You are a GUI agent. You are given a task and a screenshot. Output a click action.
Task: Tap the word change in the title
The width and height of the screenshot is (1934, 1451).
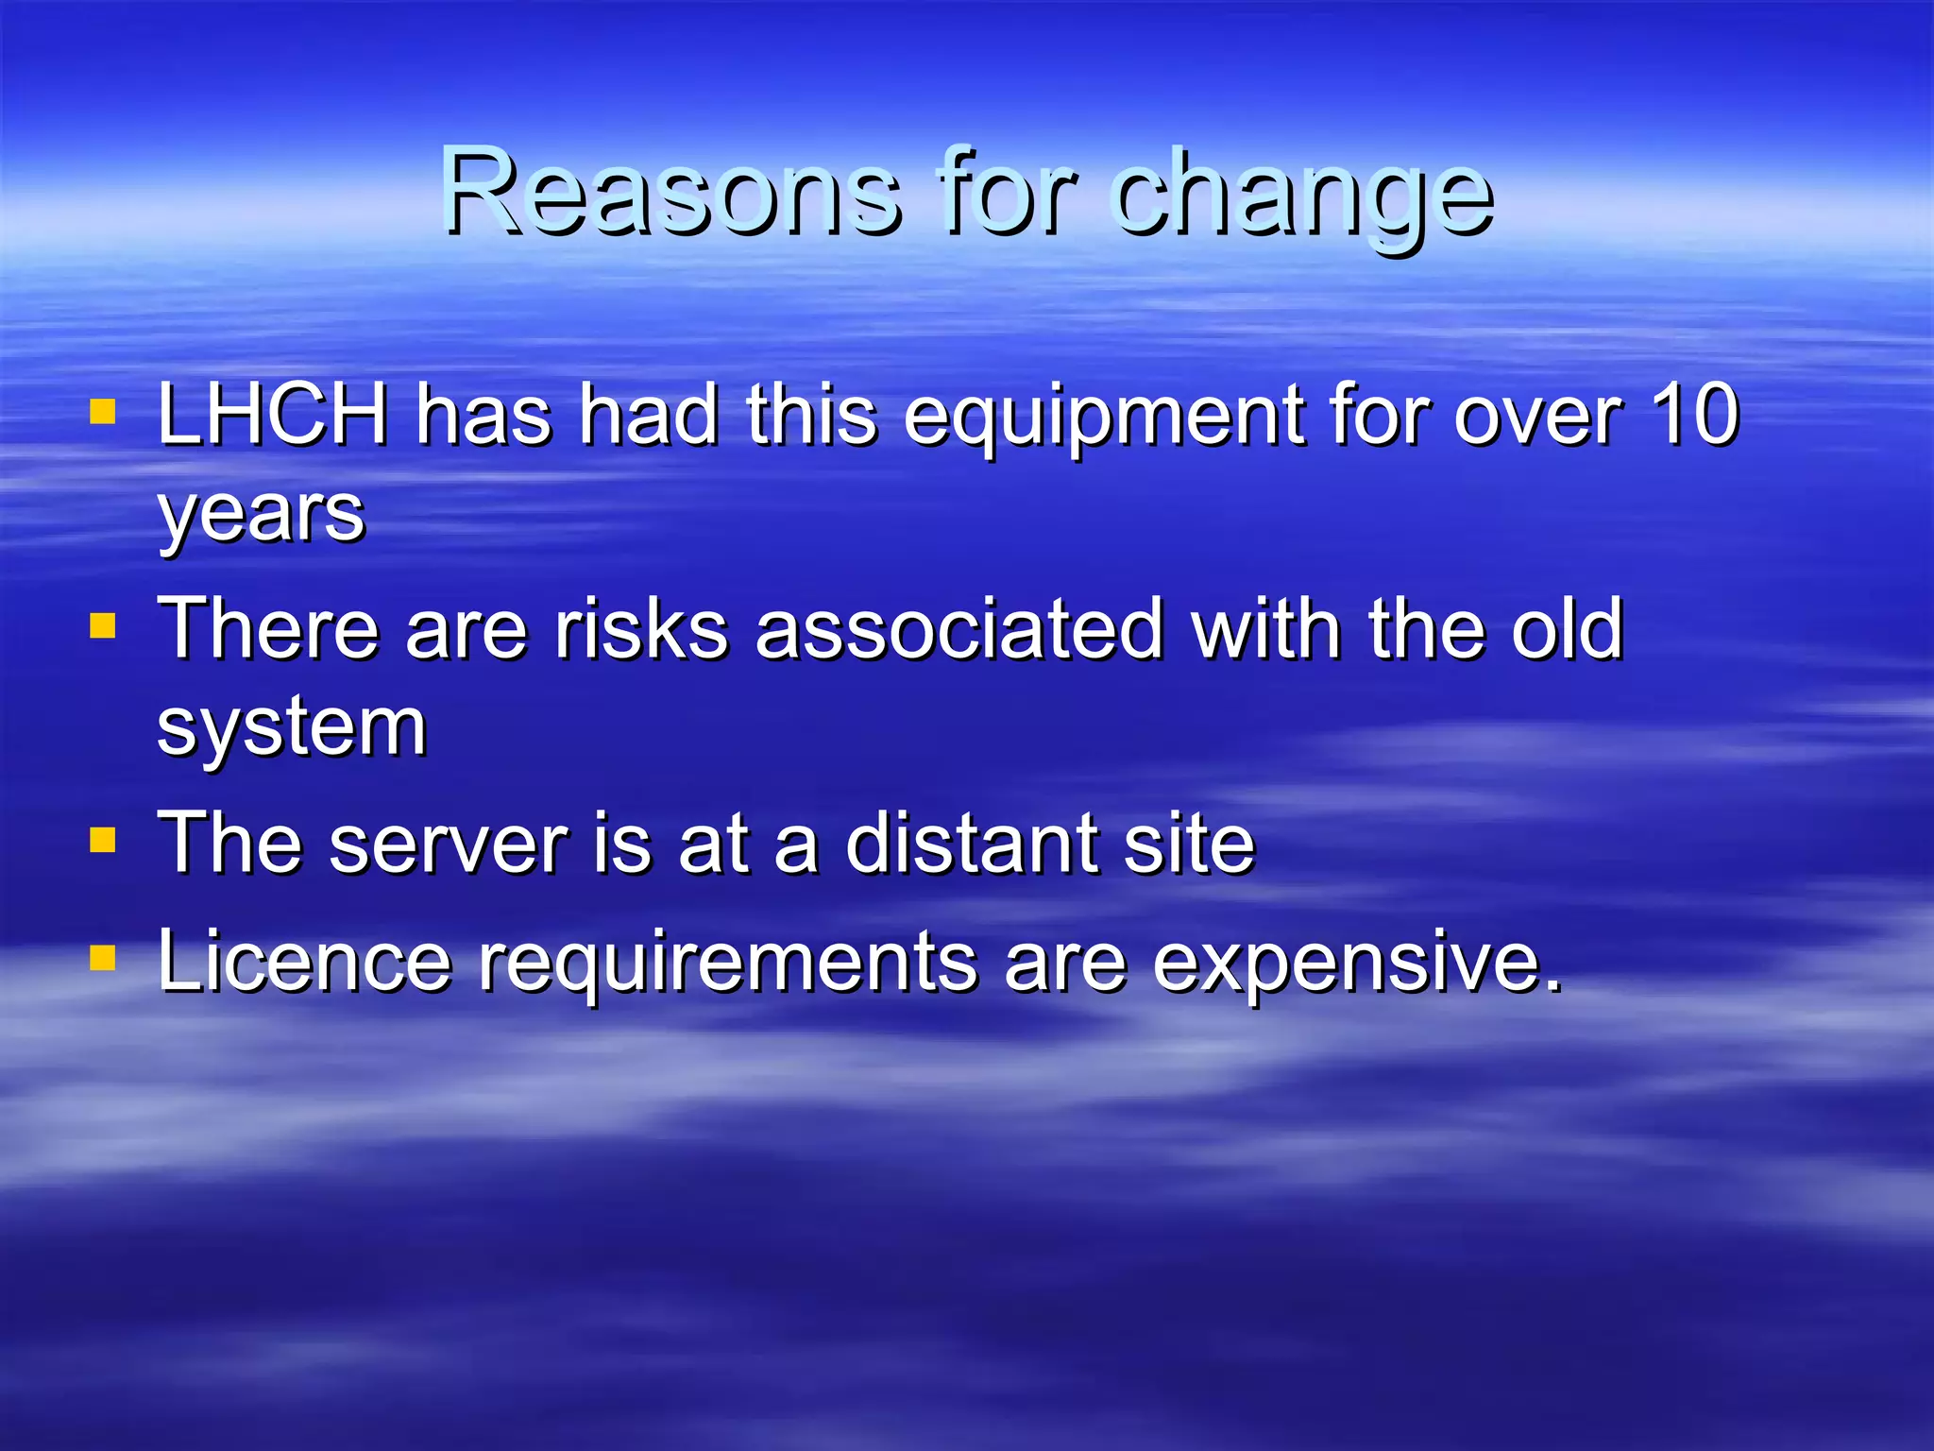[1303, 198]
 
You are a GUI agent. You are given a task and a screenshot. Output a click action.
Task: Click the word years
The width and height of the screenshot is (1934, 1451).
[261, 518]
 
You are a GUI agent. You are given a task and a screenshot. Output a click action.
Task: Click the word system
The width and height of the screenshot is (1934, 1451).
[292, 729]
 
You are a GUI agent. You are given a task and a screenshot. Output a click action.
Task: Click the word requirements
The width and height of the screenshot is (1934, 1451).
[728, 965]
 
